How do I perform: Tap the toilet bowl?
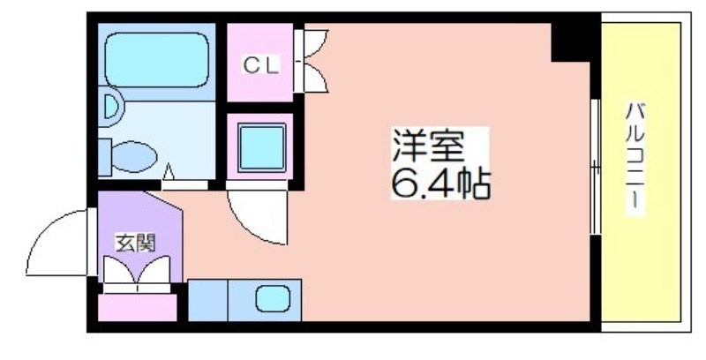tap(131, 158)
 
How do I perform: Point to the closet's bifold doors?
tap(314, 61)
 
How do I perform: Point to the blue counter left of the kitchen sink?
tap(208, 299)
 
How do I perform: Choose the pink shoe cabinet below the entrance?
tap(136, 306)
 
